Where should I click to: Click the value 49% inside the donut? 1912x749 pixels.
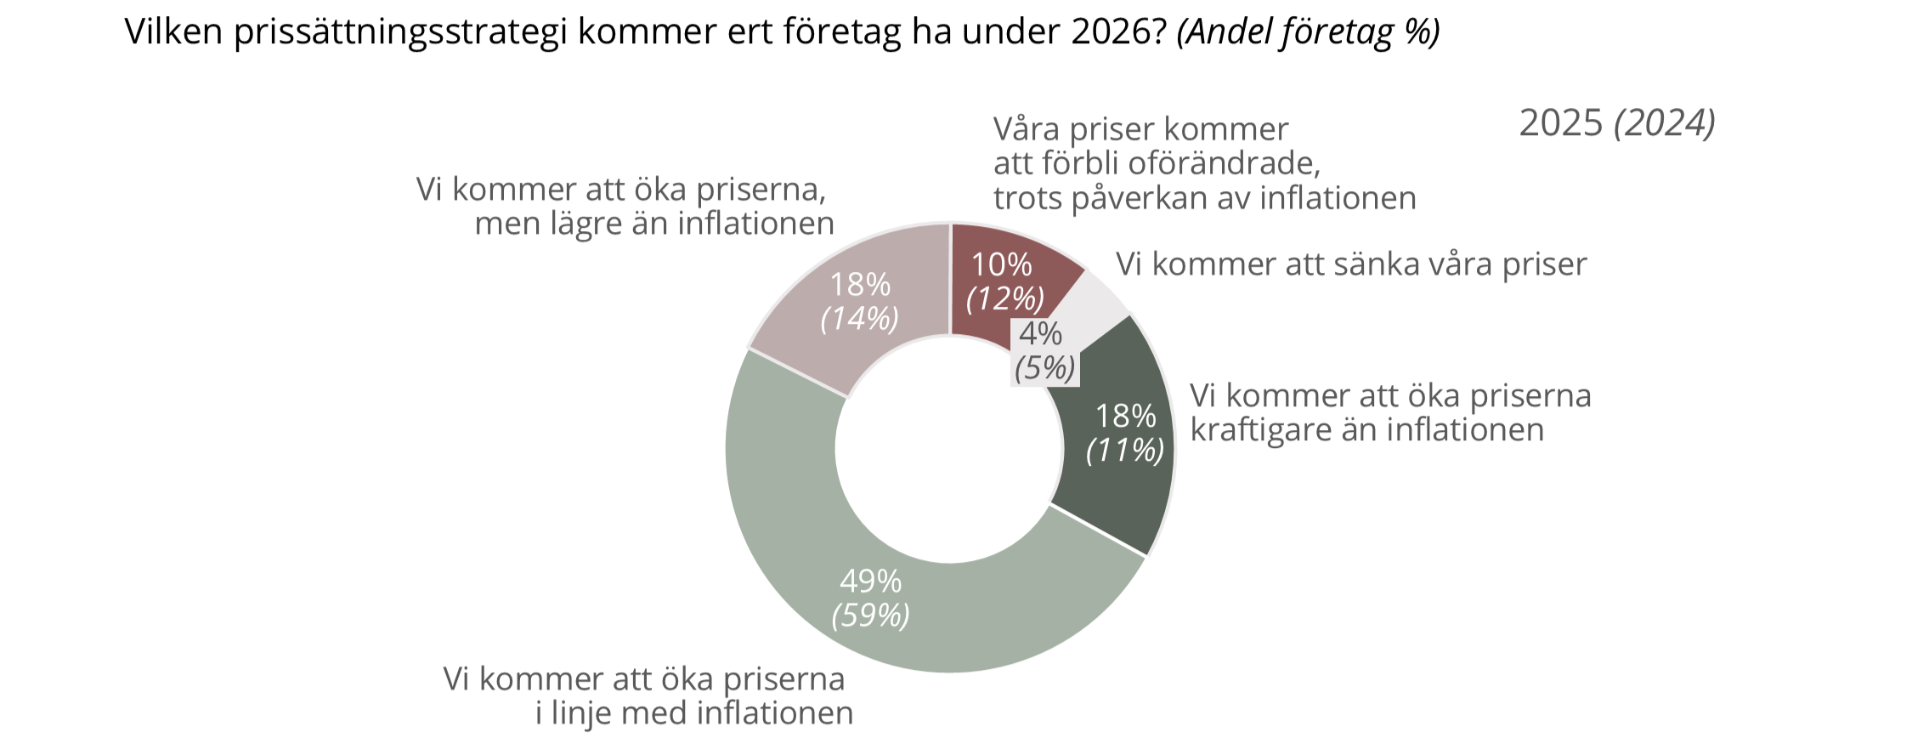pos(870,581)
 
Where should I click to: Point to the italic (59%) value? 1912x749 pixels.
pos(870,615)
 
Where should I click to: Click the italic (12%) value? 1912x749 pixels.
pos(1004,298)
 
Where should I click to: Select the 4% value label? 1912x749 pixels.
pos(1040,333)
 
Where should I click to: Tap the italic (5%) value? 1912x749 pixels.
pos(1044,368)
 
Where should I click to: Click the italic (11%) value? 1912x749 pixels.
pos(1125,450)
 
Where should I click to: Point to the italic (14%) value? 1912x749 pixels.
pos(859,318)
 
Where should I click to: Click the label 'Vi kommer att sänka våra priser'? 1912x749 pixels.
pos(1350,264)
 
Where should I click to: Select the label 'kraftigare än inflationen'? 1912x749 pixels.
pos(1366,429)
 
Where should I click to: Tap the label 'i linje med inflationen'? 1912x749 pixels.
pos(693,712)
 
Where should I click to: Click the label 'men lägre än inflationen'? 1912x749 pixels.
pos(653,224)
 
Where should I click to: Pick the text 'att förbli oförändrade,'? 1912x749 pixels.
pos(1157,163)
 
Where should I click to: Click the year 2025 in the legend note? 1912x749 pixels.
pos(1560,123)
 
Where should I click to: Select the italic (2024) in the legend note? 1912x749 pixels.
pos(1664,123)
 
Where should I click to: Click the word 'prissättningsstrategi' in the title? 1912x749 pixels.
pos(400,31)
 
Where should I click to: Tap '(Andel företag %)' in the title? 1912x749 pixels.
pos(1308,31)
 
